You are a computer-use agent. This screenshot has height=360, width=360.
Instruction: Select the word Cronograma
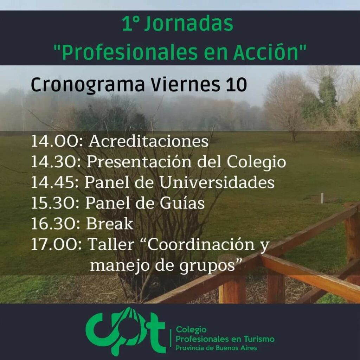tap(88, 85)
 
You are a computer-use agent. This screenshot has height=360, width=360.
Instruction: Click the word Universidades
tap(217, 182)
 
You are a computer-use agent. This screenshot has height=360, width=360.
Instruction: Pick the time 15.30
tap(55, 203)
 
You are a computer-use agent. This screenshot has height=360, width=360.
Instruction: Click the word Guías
tap(182, 203)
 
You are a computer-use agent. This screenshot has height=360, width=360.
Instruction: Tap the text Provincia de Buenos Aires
tap(216, 348)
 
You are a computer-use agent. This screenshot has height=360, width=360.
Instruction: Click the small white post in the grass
tap(322, 198)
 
